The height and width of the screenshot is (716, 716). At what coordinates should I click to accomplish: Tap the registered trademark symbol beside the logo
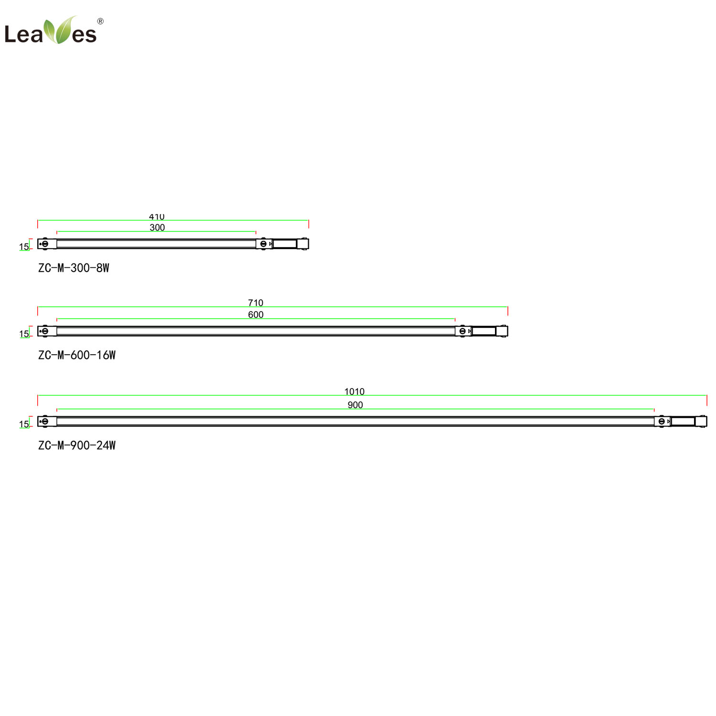click(100, 21)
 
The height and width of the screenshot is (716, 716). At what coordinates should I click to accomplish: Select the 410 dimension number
click(157, 217)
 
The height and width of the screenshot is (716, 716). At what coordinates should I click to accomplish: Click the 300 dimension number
click(157, 228)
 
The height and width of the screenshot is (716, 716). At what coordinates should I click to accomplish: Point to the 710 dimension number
click(255, 303)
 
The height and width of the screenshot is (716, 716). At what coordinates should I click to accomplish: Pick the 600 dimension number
click(256, 315)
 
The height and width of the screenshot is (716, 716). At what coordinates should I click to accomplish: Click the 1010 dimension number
click(354, 391)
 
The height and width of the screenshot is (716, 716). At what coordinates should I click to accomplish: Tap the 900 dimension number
click(355, 405)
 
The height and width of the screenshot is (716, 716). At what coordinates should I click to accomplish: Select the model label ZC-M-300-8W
click(74, 268)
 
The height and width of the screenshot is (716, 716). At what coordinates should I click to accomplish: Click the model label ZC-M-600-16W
click(77, 355)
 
